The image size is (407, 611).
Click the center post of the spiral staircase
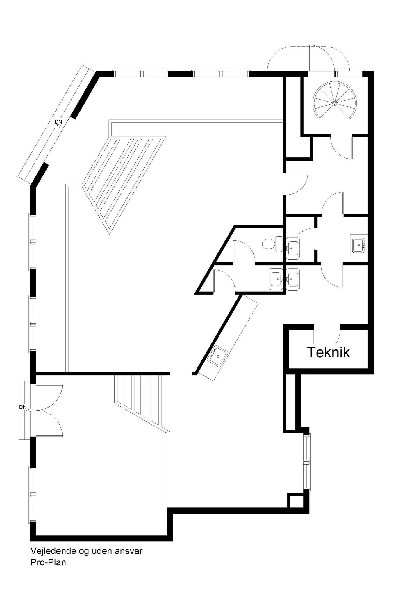[335, 103]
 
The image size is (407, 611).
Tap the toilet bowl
[268, 244]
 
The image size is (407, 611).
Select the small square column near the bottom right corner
[295, 502]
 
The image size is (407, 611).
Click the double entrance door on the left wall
[48, 410]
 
